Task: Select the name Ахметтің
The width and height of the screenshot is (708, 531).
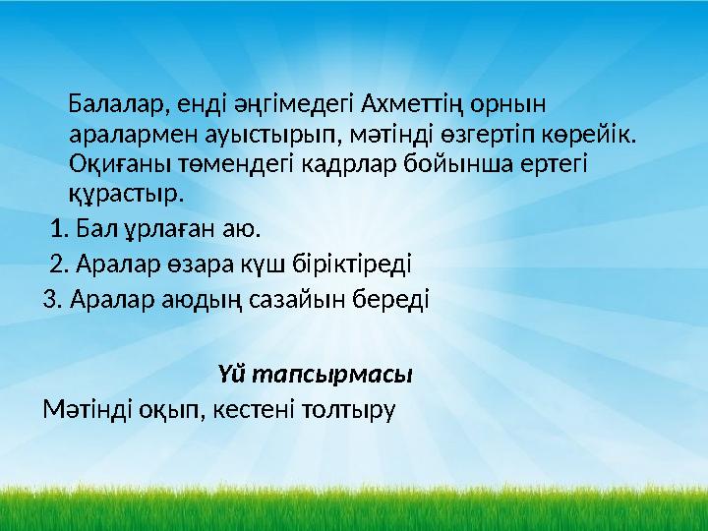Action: [x=410, y=102]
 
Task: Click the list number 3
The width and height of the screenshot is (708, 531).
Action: [x=51, y=298]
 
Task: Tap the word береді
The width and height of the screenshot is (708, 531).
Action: [x=395, y=298]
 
